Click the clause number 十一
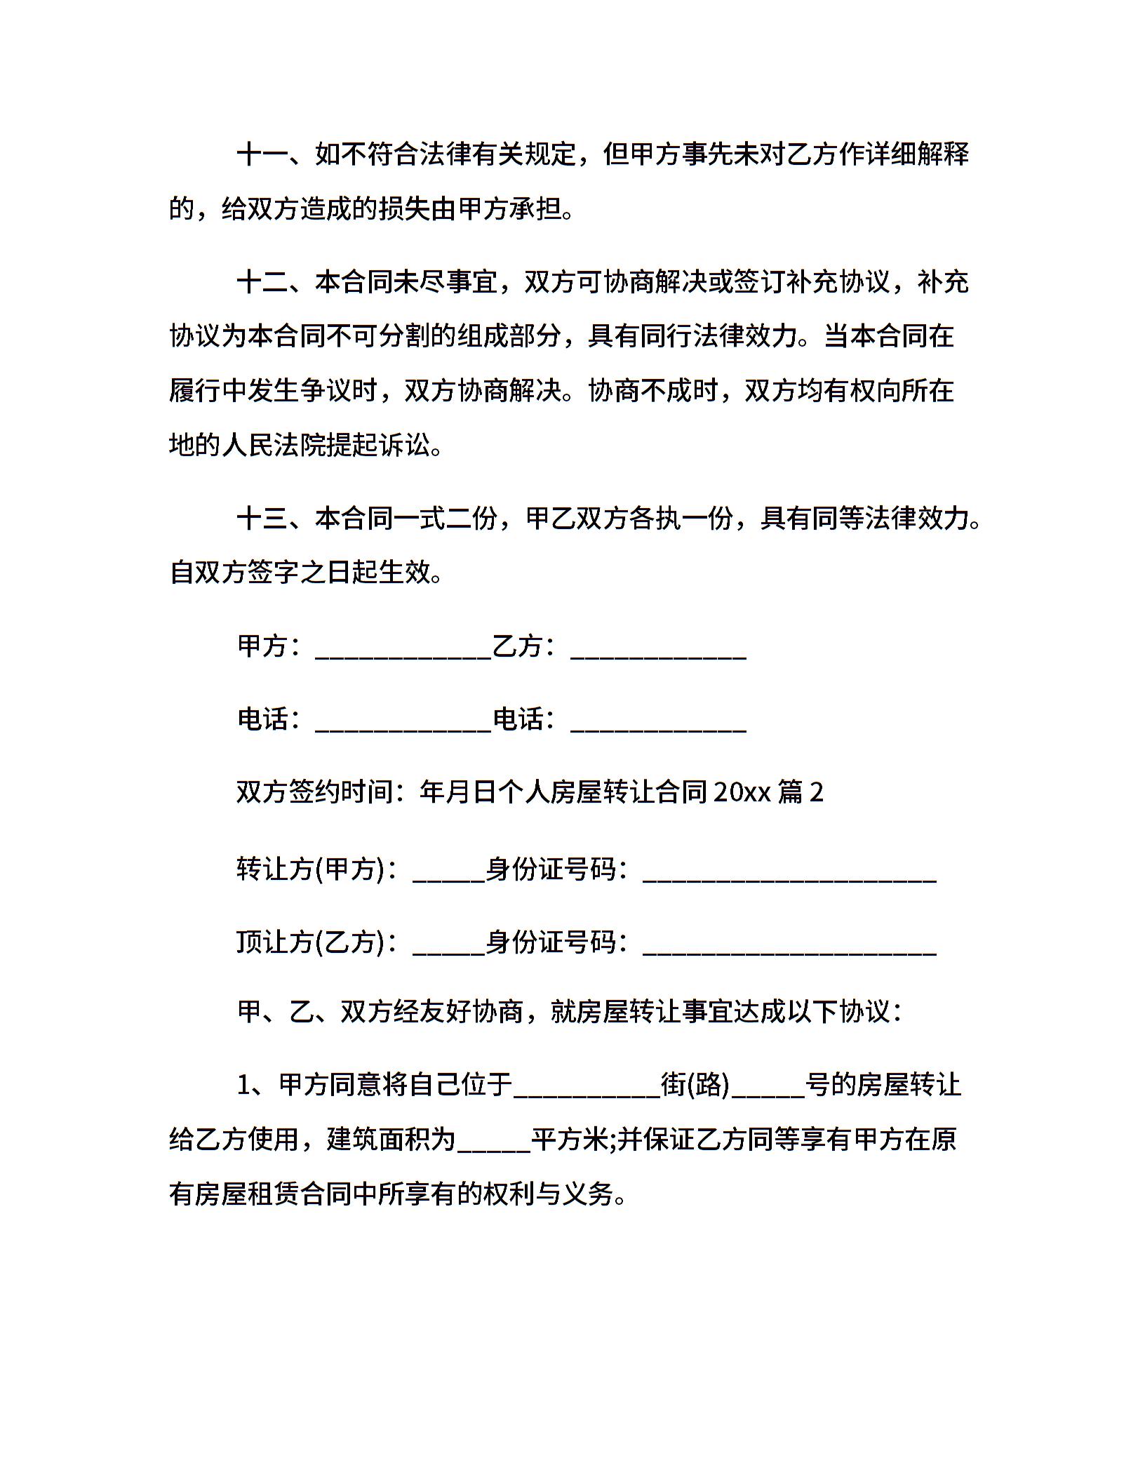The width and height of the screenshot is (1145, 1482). tap(262, 154)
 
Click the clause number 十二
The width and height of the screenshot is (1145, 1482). tap(262, 282)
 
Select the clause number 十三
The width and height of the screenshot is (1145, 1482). tap(262, 519)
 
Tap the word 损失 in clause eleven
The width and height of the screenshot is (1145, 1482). tap(404, 208)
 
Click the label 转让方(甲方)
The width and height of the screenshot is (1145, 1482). tap(312, 869)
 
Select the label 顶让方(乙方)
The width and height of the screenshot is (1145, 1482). tap(312, 942)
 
